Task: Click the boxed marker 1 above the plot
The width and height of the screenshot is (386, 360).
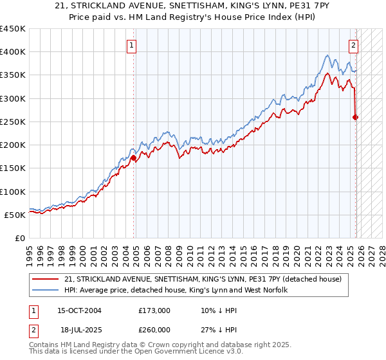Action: [131, 45]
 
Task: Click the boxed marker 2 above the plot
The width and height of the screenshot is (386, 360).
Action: [354, 45]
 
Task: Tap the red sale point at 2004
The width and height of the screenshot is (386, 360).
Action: [133, 157]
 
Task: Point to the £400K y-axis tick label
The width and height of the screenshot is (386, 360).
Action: [13, 52]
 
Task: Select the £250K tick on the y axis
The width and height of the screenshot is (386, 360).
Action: [13, 122]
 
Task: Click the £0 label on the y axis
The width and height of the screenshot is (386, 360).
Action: [19, 238]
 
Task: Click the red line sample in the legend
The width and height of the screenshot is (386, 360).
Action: [46, 278]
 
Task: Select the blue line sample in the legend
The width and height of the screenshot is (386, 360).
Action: [46, 290]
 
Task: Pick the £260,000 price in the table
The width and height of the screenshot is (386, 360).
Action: [154, 329]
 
